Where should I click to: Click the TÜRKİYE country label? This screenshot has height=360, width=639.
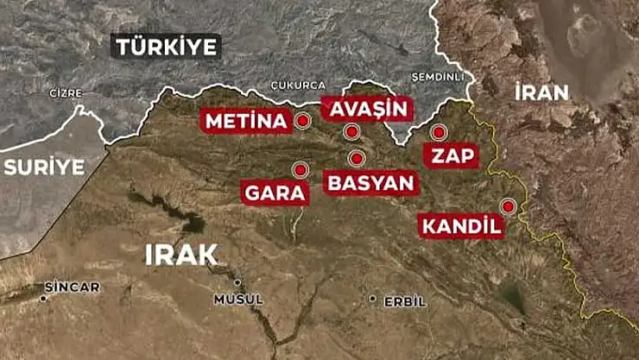coord(167,47)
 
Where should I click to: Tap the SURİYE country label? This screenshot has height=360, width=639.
coord(44,167)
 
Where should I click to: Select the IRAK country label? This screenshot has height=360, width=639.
coord(181,254)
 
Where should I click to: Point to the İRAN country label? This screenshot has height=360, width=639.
coord(541,92)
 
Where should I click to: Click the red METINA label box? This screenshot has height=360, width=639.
coord(244,121)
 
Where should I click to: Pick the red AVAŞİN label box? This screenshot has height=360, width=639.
coord(367,109)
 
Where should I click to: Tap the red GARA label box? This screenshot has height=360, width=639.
coord(275,193)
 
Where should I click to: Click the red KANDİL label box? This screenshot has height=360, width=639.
coord(461,227)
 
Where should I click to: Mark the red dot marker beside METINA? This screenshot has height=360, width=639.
coord(302,121)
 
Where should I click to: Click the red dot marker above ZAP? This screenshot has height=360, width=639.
coord(438,132)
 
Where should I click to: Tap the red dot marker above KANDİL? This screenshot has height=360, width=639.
coord(508,205)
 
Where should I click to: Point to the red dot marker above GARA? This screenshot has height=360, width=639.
coord(300,170)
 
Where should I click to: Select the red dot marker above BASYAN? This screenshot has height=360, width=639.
coord(356,159)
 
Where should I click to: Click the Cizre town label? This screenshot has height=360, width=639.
coord(66,92)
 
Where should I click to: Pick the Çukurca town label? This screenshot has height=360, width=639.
coord(297,85)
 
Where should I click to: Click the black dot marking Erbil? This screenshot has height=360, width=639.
coord(372,300)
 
